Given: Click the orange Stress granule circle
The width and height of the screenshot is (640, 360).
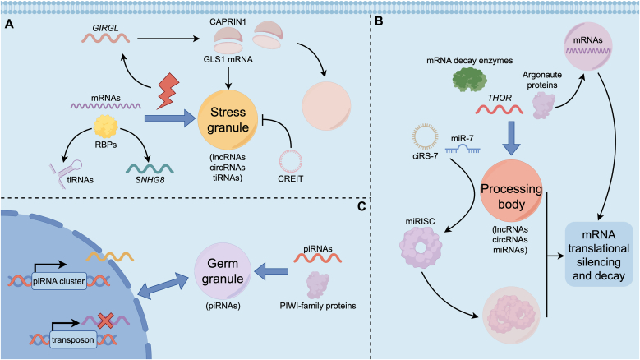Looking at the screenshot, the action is click(x=228, y=120).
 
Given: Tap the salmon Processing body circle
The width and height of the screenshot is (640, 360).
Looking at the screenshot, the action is click(x=511, y=191).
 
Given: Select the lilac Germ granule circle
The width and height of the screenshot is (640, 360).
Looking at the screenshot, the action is click(x=223, y=271).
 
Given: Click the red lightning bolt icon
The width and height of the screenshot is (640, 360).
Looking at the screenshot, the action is click(x=168, y=91).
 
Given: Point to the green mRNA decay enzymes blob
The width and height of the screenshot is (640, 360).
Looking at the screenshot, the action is click(x=470, y=79).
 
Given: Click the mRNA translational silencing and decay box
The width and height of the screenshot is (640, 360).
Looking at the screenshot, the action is click(x=599, y=254).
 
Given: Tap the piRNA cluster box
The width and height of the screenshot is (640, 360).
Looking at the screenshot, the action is click(x=59, y=281).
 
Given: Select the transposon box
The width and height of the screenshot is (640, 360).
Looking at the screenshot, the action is click(x=72, y=339).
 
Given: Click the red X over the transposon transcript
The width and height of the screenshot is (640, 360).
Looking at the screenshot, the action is click(x=105, y=321).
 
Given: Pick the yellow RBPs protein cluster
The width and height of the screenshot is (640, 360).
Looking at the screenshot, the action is click(x=106, y=126).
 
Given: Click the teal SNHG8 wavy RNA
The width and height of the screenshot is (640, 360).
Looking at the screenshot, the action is click(x=150, y=168).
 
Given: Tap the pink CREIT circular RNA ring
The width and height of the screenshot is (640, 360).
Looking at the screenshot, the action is click(x=291, y=161).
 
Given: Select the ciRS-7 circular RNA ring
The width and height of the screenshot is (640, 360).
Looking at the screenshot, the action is click(x=425, y=136).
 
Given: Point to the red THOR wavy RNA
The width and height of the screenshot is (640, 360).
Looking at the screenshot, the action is click(x=500, y=109).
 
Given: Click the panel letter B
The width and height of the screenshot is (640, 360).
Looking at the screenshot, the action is click(x=379, y=21).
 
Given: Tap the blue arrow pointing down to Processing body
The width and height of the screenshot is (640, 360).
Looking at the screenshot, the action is click(x=511, y=140).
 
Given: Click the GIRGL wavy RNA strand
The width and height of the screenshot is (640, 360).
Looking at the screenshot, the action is click(x=106, y=38).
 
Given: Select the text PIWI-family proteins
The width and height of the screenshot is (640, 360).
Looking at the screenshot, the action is click(x=318, y=306).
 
